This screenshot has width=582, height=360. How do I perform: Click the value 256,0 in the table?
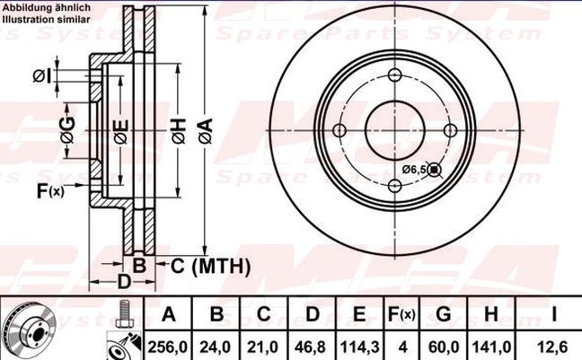(167, 347)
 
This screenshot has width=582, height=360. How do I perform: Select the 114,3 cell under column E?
(360, 347)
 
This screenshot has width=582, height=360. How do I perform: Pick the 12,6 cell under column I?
(552, 347)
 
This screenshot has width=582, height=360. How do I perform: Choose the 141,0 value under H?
(491, 347)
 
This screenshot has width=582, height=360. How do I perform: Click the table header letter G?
(444, 314)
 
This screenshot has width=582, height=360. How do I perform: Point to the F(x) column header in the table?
(401, 314)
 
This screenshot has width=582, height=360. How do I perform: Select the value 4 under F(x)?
(402, 347)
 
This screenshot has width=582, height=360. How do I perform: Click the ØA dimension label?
(206, 131)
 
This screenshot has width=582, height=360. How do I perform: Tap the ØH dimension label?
(179, 131)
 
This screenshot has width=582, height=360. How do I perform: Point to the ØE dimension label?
(121, 132)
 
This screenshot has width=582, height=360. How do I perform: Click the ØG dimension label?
(67, 131)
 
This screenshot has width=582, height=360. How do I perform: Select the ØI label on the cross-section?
(42, 76)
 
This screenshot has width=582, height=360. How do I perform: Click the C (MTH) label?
(210, 266)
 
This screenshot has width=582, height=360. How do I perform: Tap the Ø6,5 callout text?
(413, 170)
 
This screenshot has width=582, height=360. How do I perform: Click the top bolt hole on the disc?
(395, 75)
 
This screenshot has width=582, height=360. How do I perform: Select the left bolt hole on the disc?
(339, 131)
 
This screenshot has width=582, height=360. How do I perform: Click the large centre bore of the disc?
(395, 131)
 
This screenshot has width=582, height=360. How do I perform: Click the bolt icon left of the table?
(122, 313)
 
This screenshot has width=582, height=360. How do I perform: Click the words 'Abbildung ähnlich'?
(47, 7)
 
